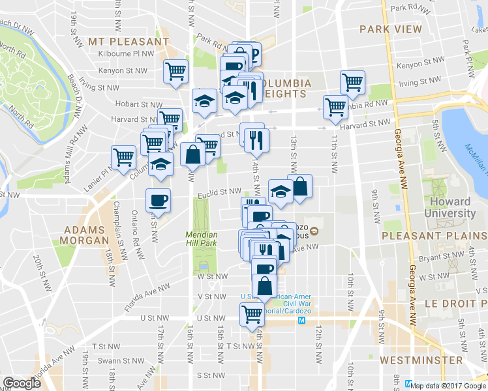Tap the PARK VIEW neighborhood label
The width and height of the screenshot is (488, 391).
pos(390,30)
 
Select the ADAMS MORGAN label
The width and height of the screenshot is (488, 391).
pos(85,235)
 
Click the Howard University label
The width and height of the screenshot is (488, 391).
pos(450,207)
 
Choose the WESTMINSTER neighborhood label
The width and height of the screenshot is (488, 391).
pos(421,360)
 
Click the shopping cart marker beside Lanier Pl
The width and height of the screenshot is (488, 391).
pos(123,157)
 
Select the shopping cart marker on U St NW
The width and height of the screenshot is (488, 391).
pos(252,314)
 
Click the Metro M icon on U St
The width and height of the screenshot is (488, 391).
pos(301,321)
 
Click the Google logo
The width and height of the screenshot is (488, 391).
pos(22,383)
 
